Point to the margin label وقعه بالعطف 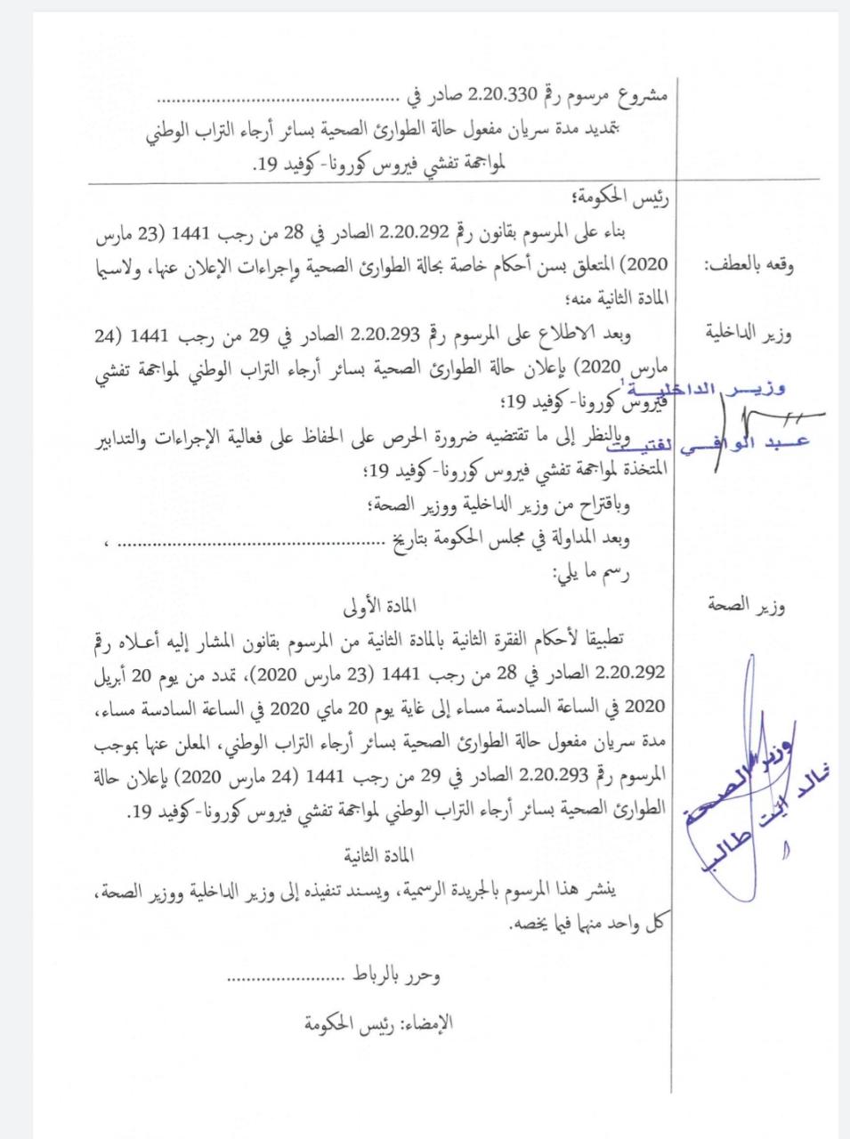click(749, 264)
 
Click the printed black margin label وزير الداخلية click(749, 335)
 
